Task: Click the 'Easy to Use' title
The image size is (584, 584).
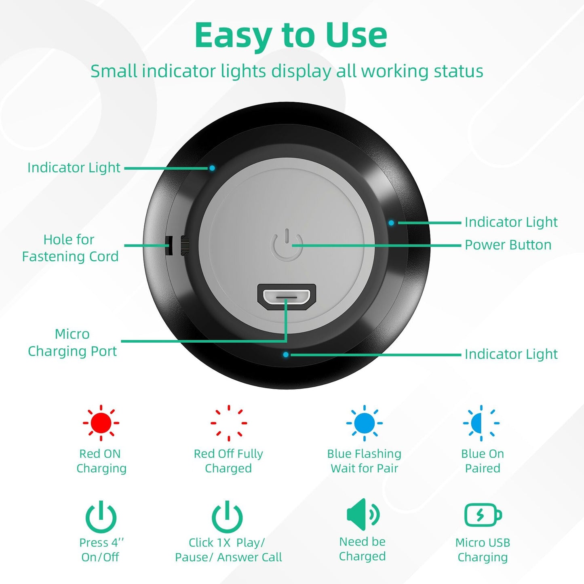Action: click(x=291, y=36)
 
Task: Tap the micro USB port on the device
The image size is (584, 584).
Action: click(x=287, y=297)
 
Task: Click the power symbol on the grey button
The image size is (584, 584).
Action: click(x=287, y=245)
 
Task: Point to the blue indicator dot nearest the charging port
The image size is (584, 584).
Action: click(x=286, y=354)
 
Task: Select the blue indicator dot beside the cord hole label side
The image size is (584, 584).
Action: click(x=212, y=168)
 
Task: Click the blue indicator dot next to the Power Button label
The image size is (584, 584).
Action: click(x=391, y=223)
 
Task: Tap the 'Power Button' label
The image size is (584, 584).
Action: click(x=508, y=245)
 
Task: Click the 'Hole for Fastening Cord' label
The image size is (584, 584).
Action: click(x=70, y=248)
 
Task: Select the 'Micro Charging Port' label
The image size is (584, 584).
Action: click(x=72, y=342)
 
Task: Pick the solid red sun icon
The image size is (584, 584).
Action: click(x=101, y=423)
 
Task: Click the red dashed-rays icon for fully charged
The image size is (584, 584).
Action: click(x=229, y=423)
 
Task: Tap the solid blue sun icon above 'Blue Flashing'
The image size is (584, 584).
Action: click(x=364, y=423)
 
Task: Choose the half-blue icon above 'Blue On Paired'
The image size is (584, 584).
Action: click(x=481, y=423)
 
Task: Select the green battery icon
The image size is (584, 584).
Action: click(x=483, y=515)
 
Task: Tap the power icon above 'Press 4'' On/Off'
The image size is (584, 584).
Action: click(x=101, y=517)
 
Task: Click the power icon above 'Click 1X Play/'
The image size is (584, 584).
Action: click(x=227, y=517)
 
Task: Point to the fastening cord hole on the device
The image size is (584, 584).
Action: click(x=169, y=245)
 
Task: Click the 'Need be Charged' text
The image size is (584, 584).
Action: click(x=362, y=549)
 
